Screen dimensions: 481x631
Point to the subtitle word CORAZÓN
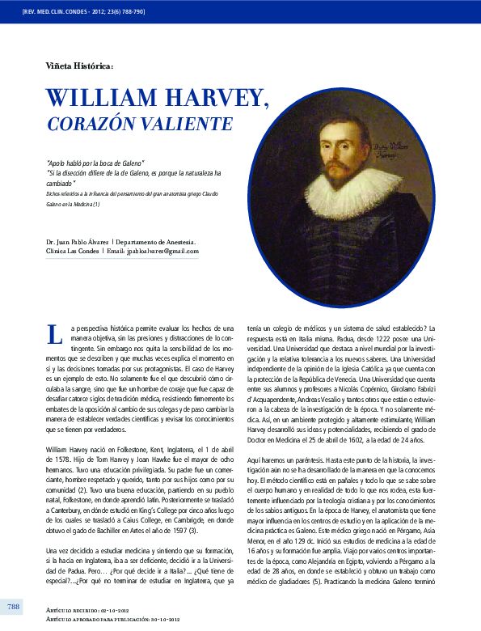(84, 125)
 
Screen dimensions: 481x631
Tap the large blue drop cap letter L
(54, 332)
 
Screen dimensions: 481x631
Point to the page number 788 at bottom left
(14, 607)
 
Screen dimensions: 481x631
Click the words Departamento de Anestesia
(154, 241)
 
